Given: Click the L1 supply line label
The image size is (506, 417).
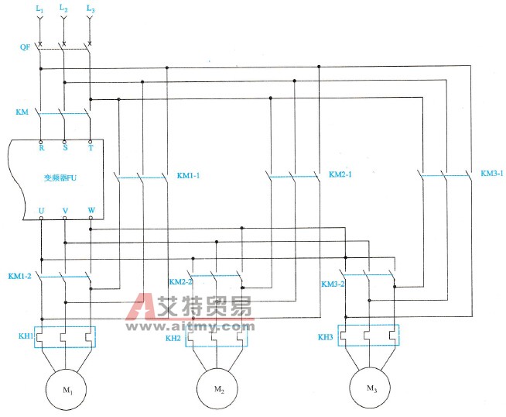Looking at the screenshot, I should pos(39,9).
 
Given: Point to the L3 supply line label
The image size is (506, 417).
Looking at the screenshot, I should pos(91,9).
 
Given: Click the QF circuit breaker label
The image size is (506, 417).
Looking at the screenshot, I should pos(25,47).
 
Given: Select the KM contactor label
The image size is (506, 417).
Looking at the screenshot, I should pos(22,112).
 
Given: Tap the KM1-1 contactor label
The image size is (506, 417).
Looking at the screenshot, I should pos(189,174).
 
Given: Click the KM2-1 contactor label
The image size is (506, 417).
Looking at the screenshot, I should pos(340,174).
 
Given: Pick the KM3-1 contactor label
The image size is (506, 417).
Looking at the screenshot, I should pos(491,173).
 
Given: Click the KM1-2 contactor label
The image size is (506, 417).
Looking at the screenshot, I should pos(20,276).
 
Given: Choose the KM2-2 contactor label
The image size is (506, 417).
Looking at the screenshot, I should pos(181,281).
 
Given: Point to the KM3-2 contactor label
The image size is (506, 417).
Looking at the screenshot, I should pos(333,284).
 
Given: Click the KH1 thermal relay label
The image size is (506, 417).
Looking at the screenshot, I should pos(25,336).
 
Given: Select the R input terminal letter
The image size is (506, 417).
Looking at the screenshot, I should pos(40,147).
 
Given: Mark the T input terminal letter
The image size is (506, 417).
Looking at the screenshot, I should pos(91,147).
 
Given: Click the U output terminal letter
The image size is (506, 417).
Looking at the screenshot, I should pos(40,209).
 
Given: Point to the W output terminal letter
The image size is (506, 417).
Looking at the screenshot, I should pos(91,209).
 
